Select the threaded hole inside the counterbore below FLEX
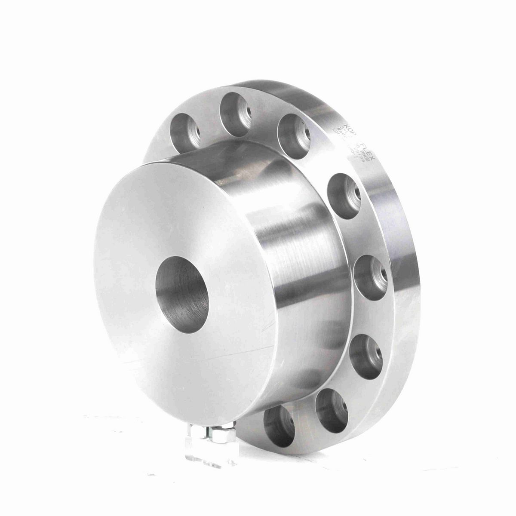click(355, 191)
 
